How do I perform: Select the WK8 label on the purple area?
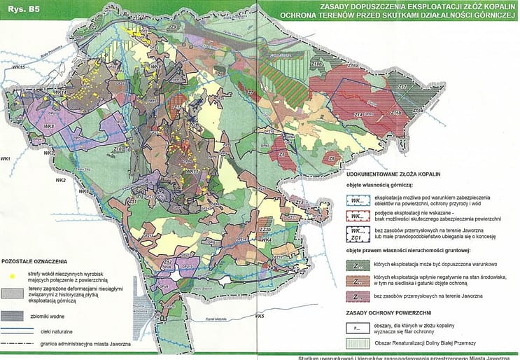pyautogui.click(x=50, y=126)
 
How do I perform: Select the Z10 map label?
pyautogui.click(x=119, y=150)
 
